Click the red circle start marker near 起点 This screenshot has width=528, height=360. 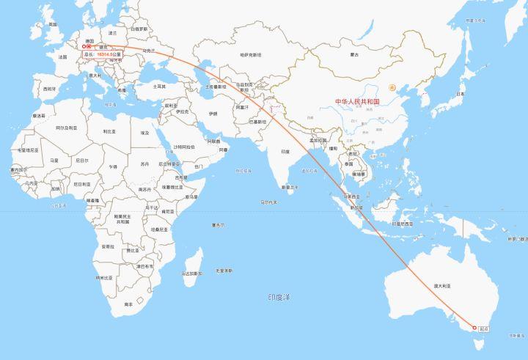[474, 327]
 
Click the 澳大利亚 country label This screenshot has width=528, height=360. [441, 286]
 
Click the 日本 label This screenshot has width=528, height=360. [460, 94]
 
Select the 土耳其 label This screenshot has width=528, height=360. [158, 87]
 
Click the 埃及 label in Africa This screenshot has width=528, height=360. [145, 133]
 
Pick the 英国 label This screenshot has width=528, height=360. [52, 24]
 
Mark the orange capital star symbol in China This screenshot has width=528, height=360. [392, 87]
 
